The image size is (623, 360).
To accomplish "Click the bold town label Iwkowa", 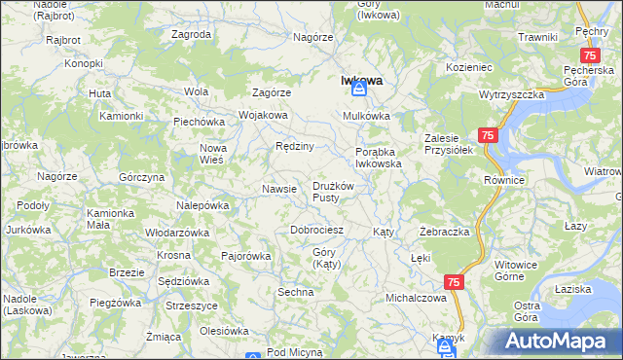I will coord(359,82).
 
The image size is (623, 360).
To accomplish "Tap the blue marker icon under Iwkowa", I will coord(358,90).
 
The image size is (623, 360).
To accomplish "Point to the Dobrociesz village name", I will coord(317,231).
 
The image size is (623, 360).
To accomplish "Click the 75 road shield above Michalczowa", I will coord(454,281).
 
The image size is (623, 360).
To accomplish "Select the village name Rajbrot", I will coord(64,40).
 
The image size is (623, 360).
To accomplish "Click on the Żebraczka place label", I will coord(445,233).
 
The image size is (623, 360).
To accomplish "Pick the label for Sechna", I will coord(295,292).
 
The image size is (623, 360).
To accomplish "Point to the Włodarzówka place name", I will coord(177,234).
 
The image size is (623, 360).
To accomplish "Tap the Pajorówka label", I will coord(245,256).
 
